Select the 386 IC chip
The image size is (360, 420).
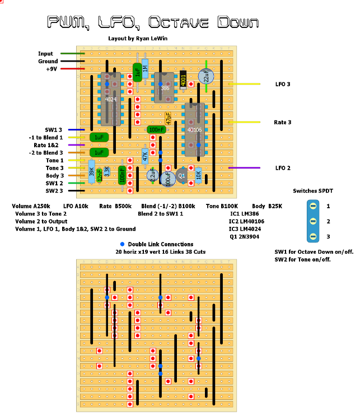point(165,87)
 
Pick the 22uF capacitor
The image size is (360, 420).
point(206,77)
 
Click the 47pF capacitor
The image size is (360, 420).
point(168,118)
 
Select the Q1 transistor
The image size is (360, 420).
point(181,175)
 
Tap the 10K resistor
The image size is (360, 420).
point(198,175)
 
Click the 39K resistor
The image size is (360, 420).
point(91,171)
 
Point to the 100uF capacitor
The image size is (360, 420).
point(167,179)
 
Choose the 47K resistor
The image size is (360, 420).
point(145,156)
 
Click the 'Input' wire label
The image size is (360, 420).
point(46,54)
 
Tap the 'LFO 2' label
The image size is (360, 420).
point(283,168)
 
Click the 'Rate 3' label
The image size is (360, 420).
point(282,122)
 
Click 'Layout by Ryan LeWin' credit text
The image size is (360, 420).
point(138,39)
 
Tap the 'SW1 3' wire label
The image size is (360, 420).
point(54,129)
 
